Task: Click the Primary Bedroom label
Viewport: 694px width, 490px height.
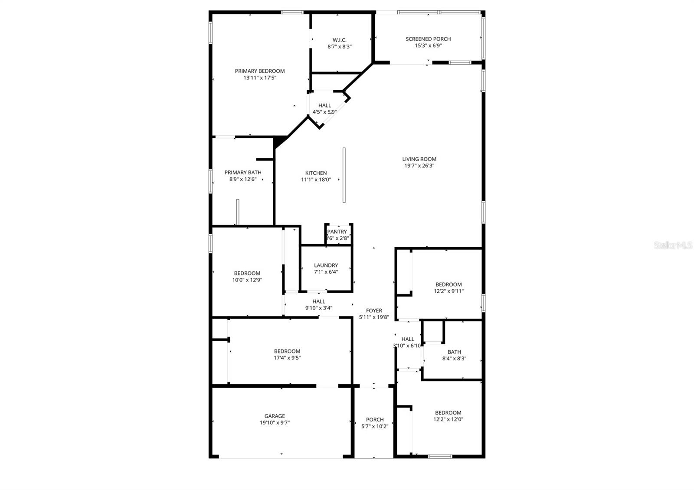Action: click(x=259, y=71)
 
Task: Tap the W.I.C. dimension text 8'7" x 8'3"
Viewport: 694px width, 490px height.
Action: click(x=339, y=46)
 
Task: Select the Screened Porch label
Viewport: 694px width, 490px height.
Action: click(x=428, y=39)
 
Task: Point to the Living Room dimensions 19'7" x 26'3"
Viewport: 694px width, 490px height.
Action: click(x=419, y=166)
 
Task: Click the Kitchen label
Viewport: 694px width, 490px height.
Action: click(x=316, y=173)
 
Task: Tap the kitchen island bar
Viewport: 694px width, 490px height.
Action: click(x=344, y=175)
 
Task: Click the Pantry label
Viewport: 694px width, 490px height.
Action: click(x=337, y=232)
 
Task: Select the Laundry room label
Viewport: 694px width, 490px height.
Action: click(x=326, y=265)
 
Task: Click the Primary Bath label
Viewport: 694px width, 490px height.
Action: click(x=242, y=173)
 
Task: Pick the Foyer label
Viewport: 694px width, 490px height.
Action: click(x=374, y=310)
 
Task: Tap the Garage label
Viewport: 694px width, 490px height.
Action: click(x=275, y=416)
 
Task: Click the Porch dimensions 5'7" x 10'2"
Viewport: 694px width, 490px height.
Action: click(x=375, y=426)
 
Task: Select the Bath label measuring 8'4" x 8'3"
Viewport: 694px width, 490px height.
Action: click(x=454, y=352)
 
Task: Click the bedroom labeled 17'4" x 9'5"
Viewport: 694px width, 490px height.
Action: click(x=287, y=355)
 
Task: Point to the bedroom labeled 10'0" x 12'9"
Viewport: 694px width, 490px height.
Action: click(x=247, y=277)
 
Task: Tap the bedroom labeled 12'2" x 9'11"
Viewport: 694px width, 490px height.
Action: click(x=448, y=288)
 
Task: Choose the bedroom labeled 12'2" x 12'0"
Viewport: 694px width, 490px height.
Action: click(x=448, y=416)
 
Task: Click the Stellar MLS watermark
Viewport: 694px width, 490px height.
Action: click(x=673, y=245)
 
